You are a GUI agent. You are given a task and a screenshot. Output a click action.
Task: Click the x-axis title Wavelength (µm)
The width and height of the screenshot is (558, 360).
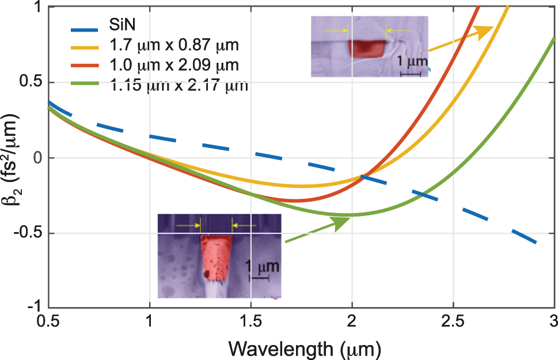tap(305, 348)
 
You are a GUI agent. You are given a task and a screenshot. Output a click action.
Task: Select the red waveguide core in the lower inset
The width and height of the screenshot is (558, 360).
tap(215, 257)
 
